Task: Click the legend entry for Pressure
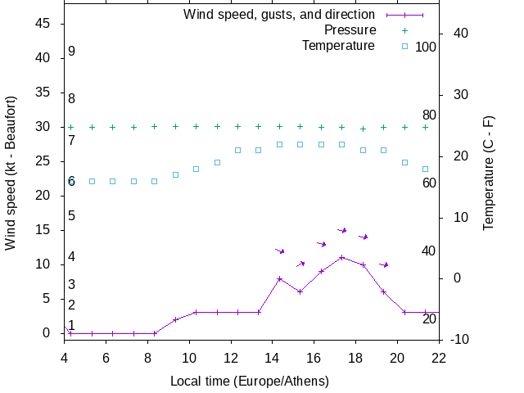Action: click(350, 30)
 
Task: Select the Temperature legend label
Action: click(338, 46)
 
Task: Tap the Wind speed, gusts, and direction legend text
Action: click(278, 15)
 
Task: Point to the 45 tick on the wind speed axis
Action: click(44, 24)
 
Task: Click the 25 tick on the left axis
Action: click(44, 161)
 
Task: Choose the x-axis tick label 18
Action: click(355, 357)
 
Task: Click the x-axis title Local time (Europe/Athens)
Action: click(250, 381)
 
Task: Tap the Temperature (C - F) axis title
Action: click(489, 173)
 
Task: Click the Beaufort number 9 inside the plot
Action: click(72, 52)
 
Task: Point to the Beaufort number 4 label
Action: click(72, 257)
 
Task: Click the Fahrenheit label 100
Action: click(426, 47)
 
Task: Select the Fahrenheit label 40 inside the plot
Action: click(429, 251)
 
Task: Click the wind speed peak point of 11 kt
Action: click(341, 257)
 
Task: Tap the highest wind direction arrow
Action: click(342, 230)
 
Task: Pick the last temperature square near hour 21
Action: click(425, 169)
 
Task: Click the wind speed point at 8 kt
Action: click(279, 278)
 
